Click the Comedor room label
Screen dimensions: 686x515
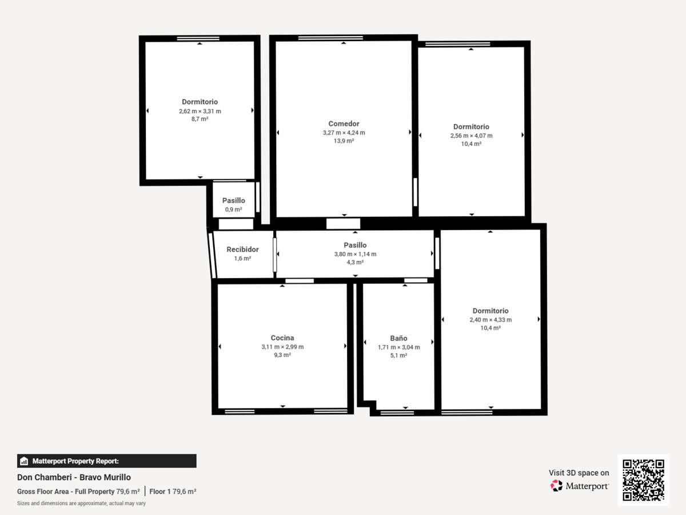[x=344, y=124]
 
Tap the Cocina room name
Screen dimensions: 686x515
[x=282, y=338]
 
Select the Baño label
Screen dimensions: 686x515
[x=398, y=338]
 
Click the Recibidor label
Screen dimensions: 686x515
[x=242, y=249]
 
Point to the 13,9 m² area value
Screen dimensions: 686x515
[x=344, y=141]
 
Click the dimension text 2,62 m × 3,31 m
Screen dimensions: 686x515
[x=200, y=111]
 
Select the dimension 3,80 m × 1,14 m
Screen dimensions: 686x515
[x=355, y=254]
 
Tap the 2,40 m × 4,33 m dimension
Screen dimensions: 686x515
[x=490, y=319]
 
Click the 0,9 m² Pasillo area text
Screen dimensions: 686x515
[x=233, y=209]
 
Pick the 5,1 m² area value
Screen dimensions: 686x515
[x=398, y=355]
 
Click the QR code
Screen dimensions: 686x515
[x=643, y=480]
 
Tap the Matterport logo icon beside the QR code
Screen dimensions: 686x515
[x=556, y=486]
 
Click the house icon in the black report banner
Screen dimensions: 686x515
[x=24, y=461]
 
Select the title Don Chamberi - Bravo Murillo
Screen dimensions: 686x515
[x=74, y=477]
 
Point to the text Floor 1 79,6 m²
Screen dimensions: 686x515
[x=173, y=492]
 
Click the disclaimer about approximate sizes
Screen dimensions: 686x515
[x=81, y=504]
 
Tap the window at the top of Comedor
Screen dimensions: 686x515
[x=330, y=38]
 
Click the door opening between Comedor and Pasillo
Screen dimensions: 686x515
[x=343, y=224]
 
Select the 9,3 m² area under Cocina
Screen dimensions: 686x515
[x=282, y=355]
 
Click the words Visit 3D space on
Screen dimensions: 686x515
[x=579, y=473]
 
